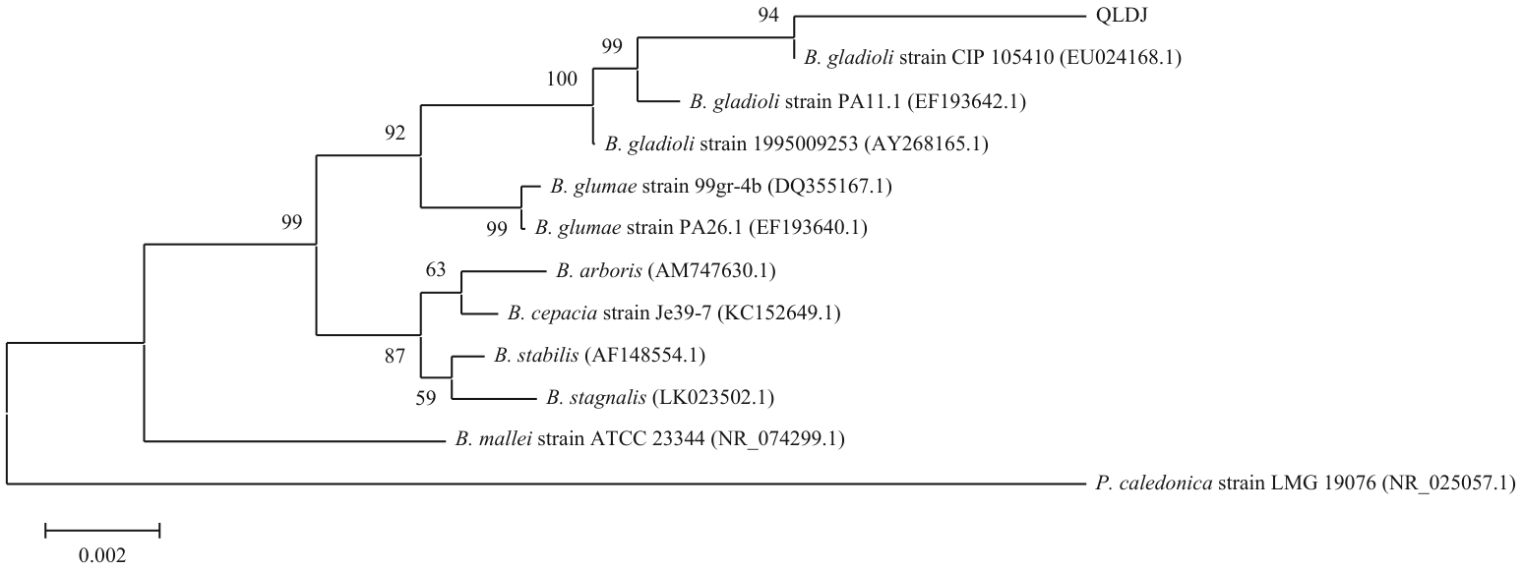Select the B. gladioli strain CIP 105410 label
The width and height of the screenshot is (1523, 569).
(992, 58)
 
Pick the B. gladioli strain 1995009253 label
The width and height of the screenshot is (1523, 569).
(796, 144)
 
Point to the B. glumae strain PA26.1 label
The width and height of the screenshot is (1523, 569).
(701, 228)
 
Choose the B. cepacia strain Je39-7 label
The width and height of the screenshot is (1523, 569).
(674, 313)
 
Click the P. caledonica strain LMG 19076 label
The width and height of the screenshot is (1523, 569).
(1305, 484)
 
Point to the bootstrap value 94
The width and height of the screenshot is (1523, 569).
(767, 15)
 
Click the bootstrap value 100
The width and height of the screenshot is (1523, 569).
(563, 79)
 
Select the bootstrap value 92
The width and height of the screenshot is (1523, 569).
(396, 134)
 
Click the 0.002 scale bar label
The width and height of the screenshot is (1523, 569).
(102, 554)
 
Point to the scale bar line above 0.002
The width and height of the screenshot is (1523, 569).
(102, 532)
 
